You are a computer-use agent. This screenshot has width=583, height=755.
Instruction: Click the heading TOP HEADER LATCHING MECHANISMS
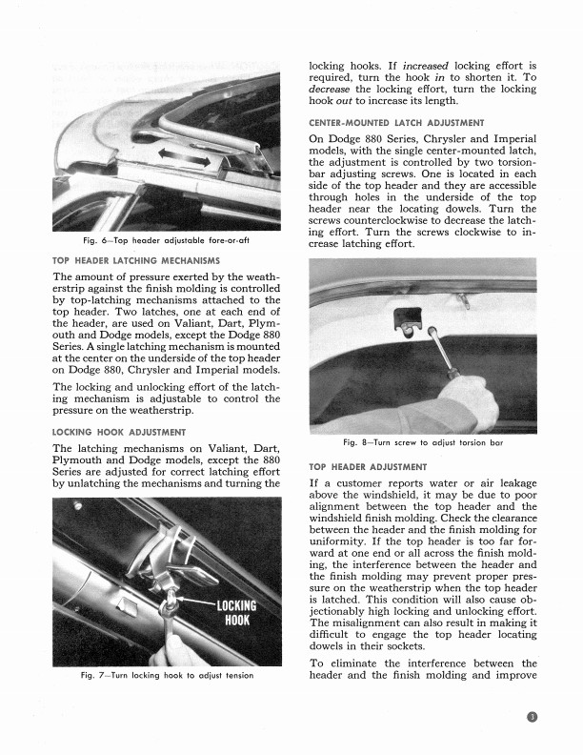click(x=136, y=260)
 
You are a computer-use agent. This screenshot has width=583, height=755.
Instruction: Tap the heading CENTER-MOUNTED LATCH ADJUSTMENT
click(x=397, y=123)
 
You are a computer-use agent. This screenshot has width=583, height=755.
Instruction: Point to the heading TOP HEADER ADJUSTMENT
click(x=369, y=467)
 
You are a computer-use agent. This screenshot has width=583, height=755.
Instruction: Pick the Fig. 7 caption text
click(x=166, y=677)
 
